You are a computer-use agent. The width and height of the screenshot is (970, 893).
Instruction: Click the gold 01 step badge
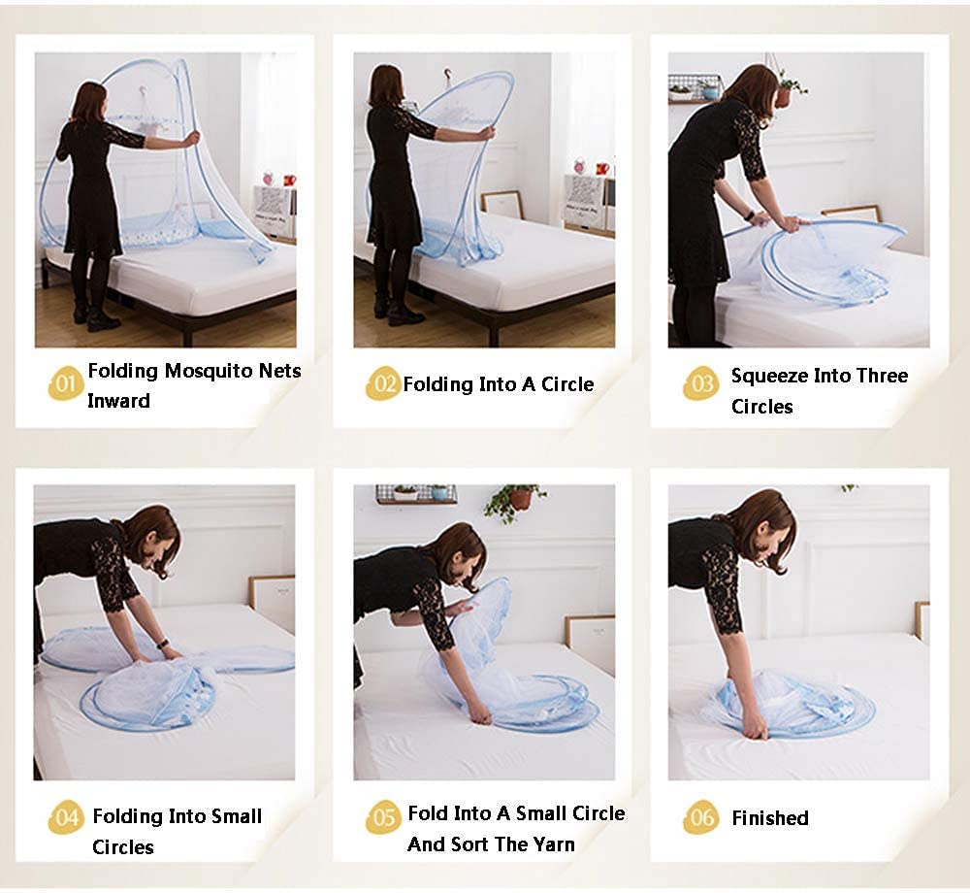click(65, 383)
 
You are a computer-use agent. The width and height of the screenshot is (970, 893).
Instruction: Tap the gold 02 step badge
click(383, 383)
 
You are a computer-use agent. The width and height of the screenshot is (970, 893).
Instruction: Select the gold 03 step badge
click(701, 383)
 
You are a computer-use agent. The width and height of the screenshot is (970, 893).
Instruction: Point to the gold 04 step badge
click(65, 817)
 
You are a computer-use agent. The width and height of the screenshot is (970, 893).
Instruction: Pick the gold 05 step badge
click(383, 817)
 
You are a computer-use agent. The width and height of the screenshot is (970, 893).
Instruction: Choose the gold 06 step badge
click(701, 817)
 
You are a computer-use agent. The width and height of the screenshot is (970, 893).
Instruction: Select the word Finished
click(770, 818)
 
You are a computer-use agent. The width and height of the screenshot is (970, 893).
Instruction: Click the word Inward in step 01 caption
click(118, 401)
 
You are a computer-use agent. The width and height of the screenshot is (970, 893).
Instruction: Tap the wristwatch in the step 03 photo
click(750, 215)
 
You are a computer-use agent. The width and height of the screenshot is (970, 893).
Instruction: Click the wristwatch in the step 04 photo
click(163, 644)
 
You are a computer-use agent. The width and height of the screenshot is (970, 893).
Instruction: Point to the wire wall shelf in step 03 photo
click(695, 88)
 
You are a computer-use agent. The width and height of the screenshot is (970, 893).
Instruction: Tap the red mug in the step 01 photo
click(289, 181)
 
